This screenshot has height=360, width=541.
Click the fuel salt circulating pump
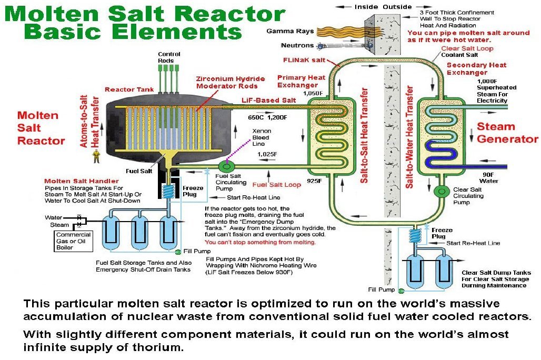pyautogui.click(x=226, y=167)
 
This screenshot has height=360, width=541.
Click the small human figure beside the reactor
pyautogui.click(x=96, y=156)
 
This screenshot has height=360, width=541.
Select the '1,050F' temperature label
pyautogui.click(x=313, y=93)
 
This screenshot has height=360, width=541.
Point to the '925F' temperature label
pyautogui.click(x=314, y=181)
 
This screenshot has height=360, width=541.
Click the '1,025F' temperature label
pyautogui.click(x=267, y=154)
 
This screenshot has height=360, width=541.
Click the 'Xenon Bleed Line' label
pyautogui.click(x=262, y=137)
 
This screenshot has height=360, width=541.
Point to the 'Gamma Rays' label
pyautogui.click(x=290, y=31)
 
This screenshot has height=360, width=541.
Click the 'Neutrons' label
pyautogui.click(x=297, y=45)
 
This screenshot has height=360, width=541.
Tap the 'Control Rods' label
pyautogui.click(x=169, y=57)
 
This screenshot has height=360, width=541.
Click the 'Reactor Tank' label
pyautogui.click(x=129, y=89)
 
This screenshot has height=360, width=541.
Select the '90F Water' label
pyautogui.click(x=488, y=178)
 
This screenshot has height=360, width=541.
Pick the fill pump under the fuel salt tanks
pyautogui.click(x=178, y=252)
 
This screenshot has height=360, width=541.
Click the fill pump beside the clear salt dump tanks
pyautogui.click(x=401, y=291)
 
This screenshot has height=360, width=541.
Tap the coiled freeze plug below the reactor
pyautogui.click(x=168, y=191)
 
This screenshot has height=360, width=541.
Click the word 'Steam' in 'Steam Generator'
pyautogui.click(x=496, y=126)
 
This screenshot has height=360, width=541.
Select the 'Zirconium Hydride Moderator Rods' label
pyautogui.click(x=231, y=82)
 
